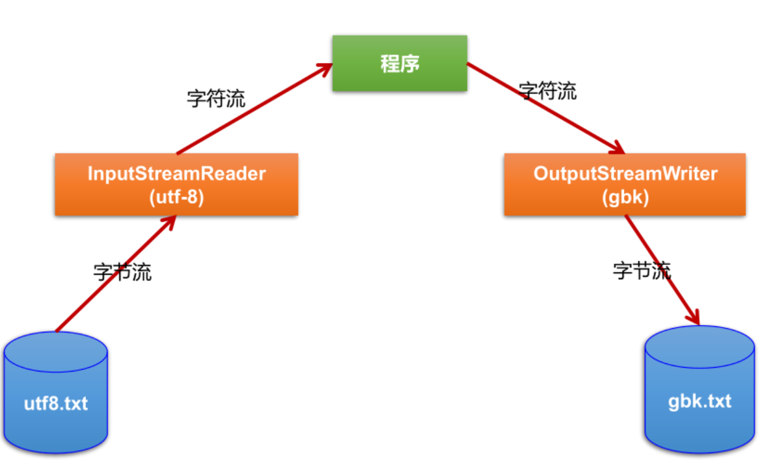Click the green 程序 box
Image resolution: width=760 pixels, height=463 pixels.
coord(400,63)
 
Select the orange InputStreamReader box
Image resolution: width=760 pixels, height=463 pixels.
coord(176,184)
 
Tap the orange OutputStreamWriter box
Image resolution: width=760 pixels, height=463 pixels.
coord(624,184)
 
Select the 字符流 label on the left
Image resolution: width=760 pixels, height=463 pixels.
coord(216,98)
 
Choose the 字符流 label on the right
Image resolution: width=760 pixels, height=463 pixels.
coord(548,91)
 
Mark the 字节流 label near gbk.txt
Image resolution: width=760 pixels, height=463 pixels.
coord(642,270)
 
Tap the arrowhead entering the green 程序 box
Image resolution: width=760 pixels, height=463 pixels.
coord(324,67)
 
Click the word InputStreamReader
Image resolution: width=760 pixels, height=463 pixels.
coord(176,173)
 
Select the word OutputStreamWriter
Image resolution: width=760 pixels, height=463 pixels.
coord(625,173)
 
